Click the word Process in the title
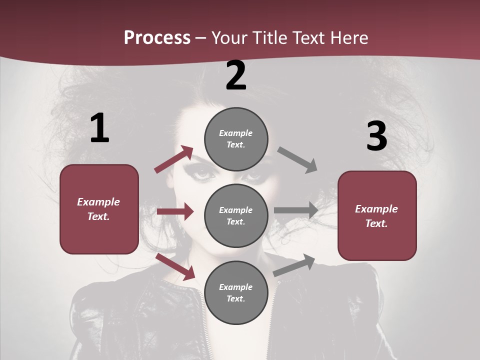click(157, 37)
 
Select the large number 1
click(99, 128)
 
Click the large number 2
click(236, 75)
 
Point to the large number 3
click(376, 136)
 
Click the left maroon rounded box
click(99, 209)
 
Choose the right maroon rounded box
click(377, 215)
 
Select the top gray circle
click(236, 138)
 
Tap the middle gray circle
click(236, 215)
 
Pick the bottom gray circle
click(236, 292)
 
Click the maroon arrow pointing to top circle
click(174, 159)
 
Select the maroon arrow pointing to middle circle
click(175, 212)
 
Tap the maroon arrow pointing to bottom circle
click(175, 266)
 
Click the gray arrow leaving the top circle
click(297, 159)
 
